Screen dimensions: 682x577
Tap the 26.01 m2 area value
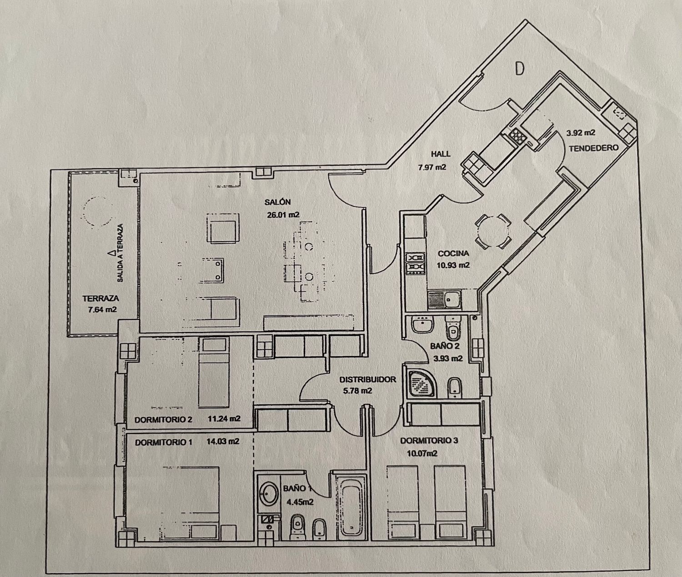(283, 215)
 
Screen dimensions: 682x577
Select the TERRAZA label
(100, 298)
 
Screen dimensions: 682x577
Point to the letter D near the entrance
(520, 69)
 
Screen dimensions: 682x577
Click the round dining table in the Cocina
(493, 231)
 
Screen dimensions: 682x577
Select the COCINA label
(453, 254)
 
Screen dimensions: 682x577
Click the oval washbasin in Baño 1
(269, 493)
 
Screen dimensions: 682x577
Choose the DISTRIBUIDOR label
(367, 379)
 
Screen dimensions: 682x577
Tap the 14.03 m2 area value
(223, 441)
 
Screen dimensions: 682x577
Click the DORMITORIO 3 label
(429, 441)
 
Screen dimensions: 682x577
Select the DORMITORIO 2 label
(163, 420)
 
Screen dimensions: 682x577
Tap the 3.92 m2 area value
(581, 133)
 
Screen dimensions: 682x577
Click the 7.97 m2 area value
(432, 167)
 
